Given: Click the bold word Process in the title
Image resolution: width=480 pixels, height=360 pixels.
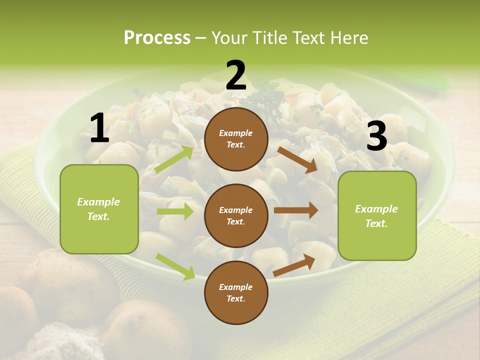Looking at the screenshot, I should (157, 37).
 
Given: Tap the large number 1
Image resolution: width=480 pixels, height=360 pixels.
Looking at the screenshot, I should (99, 128).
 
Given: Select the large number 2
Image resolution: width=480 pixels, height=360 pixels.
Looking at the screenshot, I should (236, 75).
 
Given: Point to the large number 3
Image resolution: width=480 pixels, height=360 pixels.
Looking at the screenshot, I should (376, 136).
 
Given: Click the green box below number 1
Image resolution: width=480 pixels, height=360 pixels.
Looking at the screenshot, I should (99, 209).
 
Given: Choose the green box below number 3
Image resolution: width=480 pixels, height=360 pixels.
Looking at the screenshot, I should (377, 216).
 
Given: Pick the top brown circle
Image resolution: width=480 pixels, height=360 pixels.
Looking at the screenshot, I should (236, 139).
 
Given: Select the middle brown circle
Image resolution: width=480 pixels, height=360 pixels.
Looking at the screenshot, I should (236, 215).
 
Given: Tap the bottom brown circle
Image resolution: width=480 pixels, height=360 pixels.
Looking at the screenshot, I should (236, 292).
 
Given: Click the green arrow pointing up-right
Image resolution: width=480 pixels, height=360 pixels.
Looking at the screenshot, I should (174, 159).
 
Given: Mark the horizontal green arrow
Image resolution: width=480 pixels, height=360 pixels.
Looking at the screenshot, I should (174, 211).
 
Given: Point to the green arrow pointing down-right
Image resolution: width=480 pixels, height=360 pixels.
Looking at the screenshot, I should (175, 266).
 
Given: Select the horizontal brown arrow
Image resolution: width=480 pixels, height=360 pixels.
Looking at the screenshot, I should (295, 210).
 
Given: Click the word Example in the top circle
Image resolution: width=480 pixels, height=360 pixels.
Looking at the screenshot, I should (236, 133).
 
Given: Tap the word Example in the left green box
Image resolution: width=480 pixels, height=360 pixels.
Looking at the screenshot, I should (98, 202).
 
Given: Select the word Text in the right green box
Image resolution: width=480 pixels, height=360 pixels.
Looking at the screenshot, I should (376, 223).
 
